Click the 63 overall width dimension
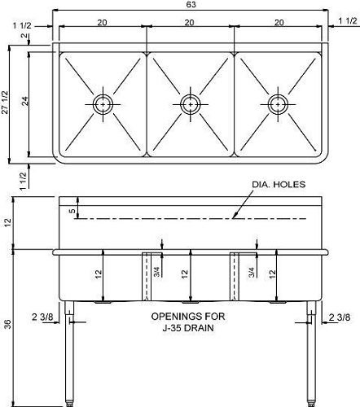point(189,5)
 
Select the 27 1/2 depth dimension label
point(6,104)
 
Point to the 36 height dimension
point(7,325)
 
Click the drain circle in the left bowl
point(103,103)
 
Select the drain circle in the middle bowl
point(190,103)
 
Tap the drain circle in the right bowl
point(277,103)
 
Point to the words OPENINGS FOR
point(189,315)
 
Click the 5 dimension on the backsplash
point(72,212)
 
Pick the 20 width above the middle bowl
point(189,24)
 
